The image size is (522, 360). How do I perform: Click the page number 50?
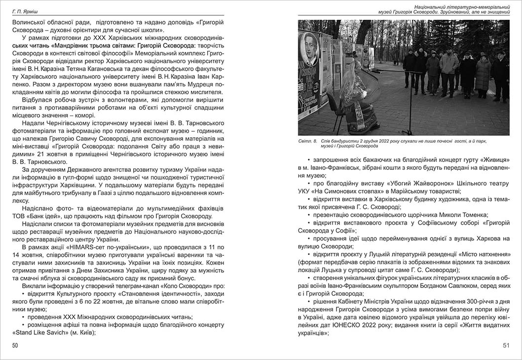coord(15,346)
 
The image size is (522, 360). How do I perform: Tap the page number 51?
coord(506,346)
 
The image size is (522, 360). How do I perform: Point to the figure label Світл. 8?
coord(308,141)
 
